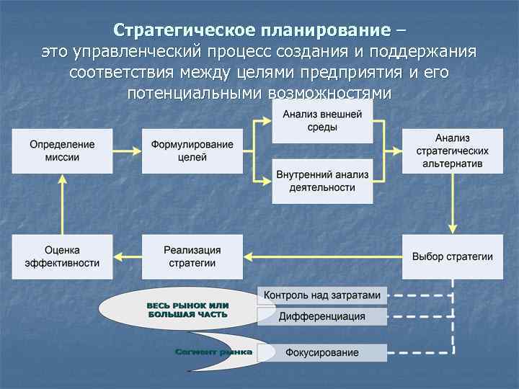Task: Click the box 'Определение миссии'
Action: click(62, 151)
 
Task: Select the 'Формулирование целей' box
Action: click(192, 151)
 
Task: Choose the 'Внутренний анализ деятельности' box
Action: click(322, 182)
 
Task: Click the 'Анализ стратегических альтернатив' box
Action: click(452, 151)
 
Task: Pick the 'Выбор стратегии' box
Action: click(452, 256)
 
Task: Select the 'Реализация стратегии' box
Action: click(192, 256)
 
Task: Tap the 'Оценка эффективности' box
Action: click(62, 256)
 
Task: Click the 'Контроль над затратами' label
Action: click(321, 295)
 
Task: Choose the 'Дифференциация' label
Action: click(321, 316)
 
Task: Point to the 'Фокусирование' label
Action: click(321, 353)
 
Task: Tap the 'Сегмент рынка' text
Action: click(213, 352)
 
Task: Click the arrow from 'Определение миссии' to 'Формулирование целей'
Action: click(127, 151)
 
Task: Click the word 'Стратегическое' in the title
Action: click(175, 30)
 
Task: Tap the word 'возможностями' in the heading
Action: click(329, 94)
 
